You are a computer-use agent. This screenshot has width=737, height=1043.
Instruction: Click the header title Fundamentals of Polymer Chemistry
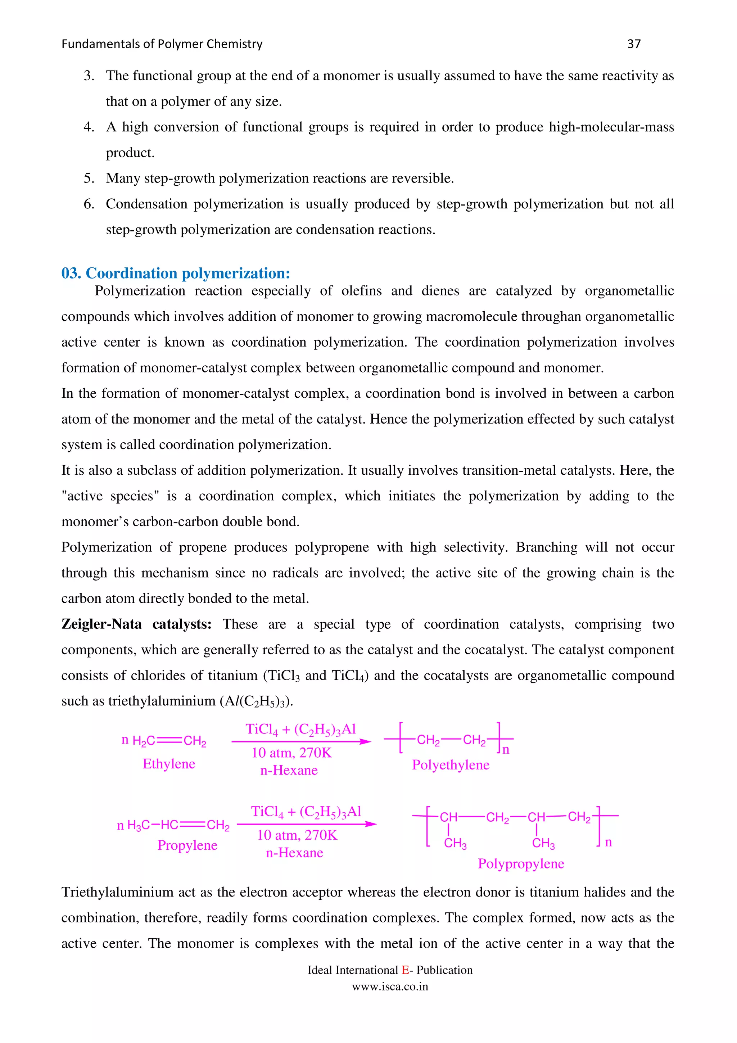[x=162, y=44]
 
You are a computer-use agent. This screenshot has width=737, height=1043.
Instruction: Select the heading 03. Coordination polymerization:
[x=175, y=273]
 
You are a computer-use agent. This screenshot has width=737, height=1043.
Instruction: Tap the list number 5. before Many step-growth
[x=89, y=178]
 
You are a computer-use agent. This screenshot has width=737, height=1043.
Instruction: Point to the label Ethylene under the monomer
[x=168, y=764]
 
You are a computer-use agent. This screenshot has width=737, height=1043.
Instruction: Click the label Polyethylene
[x=451, y=765]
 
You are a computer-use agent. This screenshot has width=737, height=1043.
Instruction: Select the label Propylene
[x=187, y=845]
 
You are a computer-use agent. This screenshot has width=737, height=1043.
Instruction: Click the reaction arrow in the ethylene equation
[x=300, y=742]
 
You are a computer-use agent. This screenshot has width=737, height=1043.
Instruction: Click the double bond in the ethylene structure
[x=169, y=741]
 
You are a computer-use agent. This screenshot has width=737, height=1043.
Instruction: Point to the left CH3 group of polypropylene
[x=455, y=844]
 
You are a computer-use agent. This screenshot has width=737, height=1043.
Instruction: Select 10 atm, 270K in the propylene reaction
[x=297, y=835]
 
